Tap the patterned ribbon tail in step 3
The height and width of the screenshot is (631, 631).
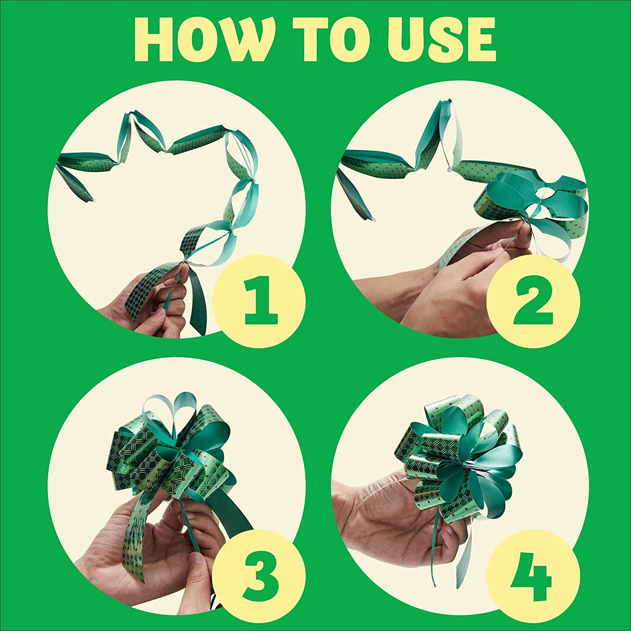pos(141,530)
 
